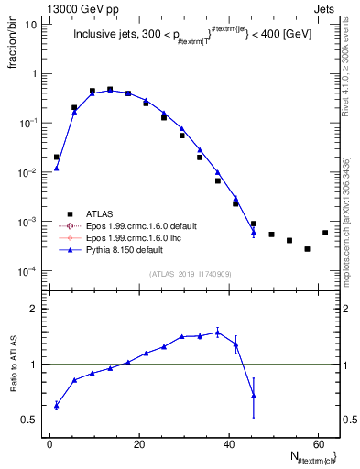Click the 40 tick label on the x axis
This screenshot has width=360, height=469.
(x=227, y=444)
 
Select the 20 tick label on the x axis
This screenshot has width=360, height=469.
(x=138, y=444)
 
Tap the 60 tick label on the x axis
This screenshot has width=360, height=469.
(x=316, y=444)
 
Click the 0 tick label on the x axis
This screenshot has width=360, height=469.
(x=49, y=444)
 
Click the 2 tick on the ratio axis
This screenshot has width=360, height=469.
(x=34, y=309)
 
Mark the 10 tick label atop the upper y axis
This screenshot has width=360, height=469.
(x=31, y=24)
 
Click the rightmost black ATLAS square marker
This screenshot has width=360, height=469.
(x=325, y=233)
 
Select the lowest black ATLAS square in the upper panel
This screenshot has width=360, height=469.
(x=307, y=249)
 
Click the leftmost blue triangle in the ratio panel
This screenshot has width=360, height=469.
(x=56, y=405)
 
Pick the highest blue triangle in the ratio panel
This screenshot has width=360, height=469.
(x=217, y=332)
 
